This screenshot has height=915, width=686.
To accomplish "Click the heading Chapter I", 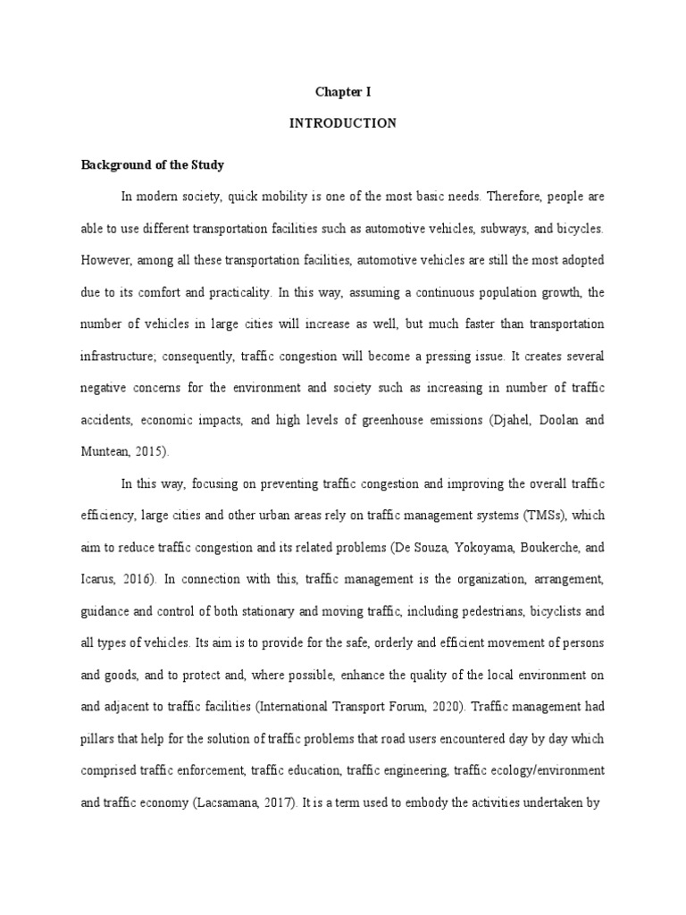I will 342,91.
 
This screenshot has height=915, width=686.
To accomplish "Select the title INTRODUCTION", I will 342,124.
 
